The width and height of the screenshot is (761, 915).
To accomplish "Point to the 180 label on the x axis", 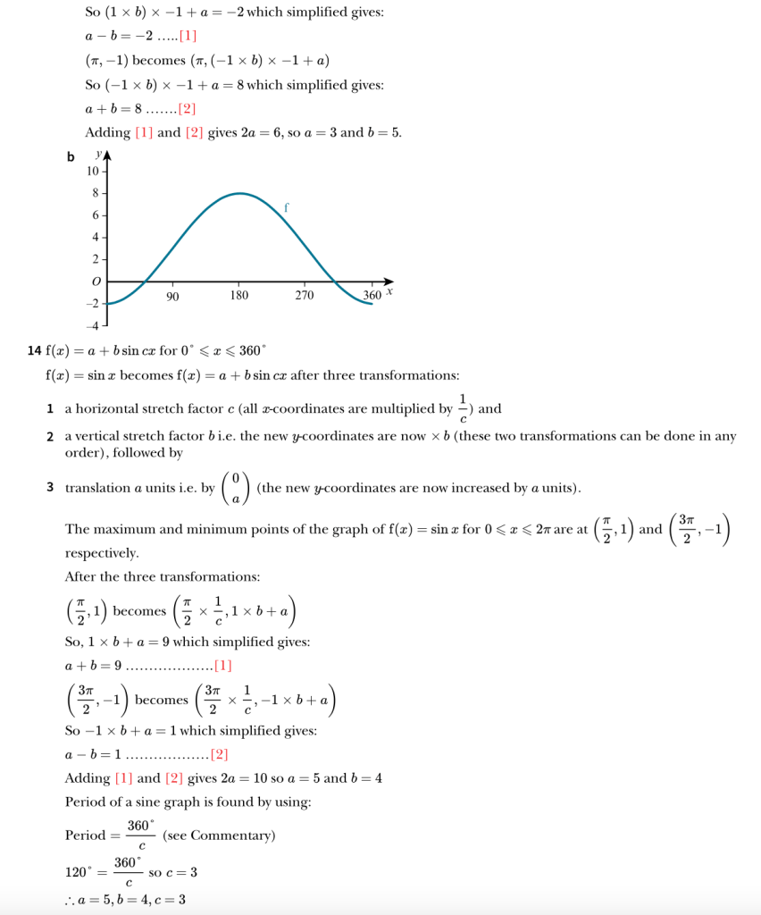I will click(x=238, y=296).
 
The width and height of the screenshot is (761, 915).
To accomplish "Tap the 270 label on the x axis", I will click(x=305, y=296).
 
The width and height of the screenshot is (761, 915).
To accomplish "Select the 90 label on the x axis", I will click(x=172, y=296).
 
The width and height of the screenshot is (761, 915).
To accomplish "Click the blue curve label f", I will click(x=286, y=206).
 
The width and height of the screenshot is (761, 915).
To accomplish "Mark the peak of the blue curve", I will click(x=238, y=193).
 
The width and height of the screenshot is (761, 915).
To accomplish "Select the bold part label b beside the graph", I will click(x=71, y=158).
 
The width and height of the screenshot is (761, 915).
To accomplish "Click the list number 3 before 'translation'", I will click(x=50, y=488).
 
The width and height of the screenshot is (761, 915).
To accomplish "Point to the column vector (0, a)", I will click(x=235, y=488).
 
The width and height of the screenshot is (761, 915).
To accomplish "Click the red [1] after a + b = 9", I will click(x=223, y=666).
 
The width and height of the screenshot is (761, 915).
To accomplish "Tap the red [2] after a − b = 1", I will click(x=219, y=755).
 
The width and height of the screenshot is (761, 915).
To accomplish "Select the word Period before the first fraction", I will click(x=85, y=835).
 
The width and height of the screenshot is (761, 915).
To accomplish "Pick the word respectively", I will click(x=102, y=553).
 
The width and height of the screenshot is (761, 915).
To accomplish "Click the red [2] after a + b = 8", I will click(x=187, y=109).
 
